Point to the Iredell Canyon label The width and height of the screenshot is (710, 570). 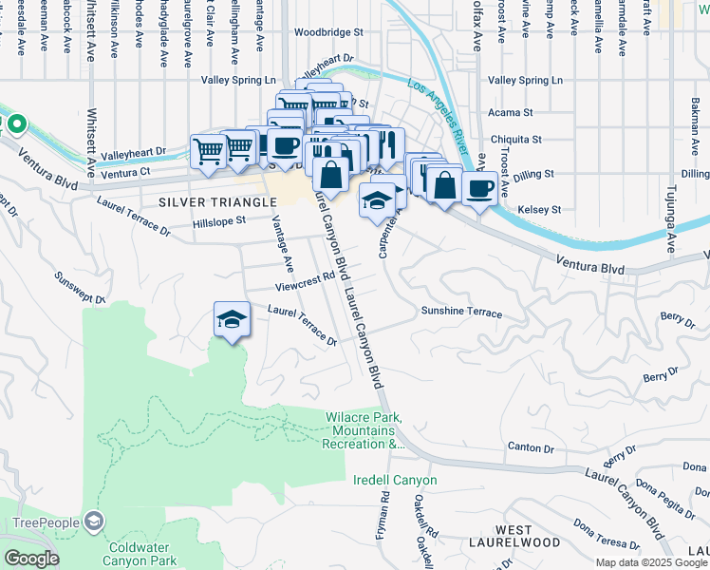396,480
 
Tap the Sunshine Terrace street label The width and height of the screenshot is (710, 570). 461,312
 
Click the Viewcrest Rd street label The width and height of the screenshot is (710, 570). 306,281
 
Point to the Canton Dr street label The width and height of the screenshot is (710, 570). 531,446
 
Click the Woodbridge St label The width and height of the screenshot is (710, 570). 328,31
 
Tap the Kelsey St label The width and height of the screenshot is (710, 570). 540,209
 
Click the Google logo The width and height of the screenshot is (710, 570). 30,559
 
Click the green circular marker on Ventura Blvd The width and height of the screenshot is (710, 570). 16,124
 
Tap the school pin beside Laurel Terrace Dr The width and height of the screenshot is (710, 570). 231,319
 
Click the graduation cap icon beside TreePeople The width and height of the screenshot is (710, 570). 94,521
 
